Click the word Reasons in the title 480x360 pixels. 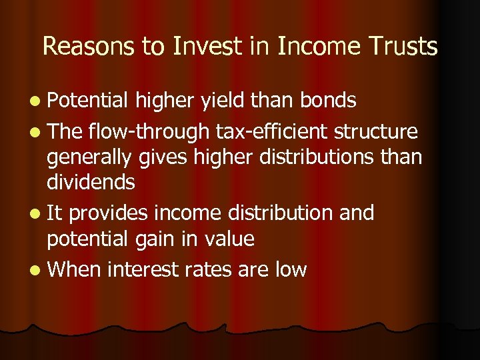click(83, 47)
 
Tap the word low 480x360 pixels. click(288, 269)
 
